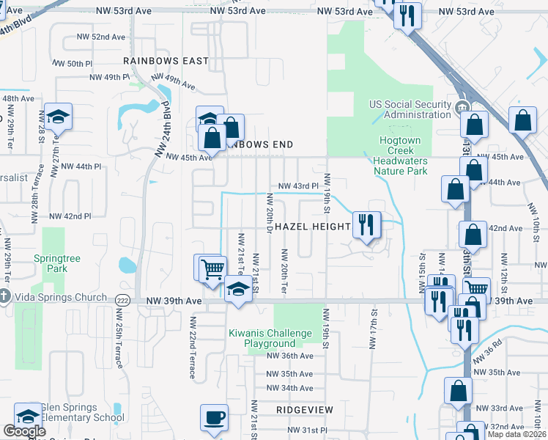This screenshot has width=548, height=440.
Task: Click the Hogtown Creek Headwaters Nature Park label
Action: tap(400, 156)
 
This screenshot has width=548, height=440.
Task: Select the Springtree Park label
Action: tap(51, 263)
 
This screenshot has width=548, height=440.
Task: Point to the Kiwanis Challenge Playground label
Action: tap(271, 338)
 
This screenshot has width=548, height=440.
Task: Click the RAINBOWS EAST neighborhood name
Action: tap(166, 61)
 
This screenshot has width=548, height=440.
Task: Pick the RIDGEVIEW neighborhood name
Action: tap(305, 409)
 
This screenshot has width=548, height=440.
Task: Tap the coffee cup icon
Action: tap(213, 418)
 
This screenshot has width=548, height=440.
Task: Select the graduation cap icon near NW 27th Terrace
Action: tap(58, 117)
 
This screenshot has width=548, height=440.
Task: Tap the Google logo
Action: tap(24, 431)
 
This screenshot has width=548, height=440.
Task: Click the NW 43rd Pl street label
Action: tap(298, 186)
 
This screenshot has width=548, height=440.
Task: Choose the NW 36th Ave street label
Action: tap(289, 356)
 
